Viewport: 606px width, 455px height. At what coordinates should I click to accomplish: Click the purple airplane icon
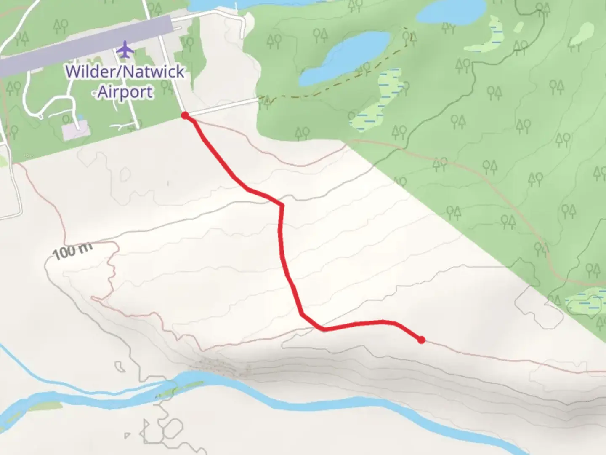click(125, 50)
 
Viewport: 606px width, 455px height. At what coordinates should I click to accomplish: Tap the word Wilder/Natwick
click(125, 71)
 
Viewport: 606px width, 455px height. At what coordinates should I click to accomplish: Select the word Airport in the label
click(125, 91)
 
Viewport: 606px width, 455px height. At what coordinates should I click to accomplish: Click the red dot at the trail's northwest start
click(185, 115)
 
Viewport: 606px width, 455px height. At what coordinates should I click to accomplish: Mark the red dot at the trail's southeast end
click(421, 340)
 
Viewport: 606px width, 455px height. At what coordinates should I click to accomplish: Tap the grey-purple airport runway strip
click(84, 46)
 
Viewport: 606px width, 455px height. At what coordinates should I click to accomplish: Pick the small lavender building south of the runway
click(76, 131)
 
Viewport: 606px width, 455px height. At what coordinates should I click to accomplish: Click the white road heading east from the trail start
click(223, 107)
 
